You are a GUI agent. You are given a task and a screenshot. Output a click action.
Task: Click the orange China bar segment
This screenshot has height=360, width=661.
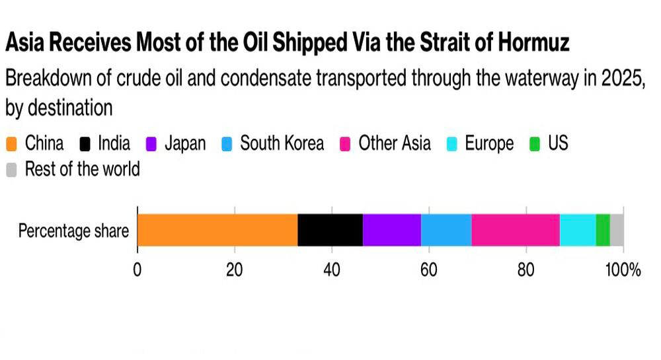217,230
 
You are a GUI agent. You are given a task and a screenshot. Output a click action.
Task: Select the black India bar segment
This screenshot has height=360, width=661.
330,230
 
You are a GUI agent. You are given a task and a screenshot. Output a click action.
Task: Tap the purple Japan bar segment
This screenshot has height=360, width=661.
391,230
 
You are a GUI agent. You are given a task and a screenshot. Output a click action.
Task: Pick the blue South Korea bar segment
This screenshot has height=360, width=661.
446,230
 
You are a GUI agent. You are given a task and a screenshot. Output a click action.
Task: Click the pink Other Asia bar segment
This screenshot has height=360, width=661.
516,230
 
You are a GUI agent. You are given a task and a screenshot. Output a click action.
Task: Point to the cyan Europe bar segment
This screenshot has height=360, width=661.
578,230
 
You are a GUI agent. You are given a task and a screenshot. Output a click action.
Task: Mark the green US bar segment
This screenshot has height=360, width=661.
603,230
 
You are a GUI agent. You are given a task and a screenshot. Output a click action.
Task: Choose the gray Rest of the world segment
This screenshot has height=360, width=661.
617,230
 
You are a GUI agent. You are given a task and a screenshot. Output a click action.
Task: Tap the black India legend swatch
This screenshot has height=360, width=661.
85,144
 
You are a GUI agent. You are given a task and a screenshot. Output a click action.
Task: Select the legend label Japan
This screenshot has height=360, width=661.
185,143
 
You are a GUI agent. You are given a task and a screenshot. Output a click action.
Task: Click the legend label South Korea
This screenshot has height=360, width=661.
282,143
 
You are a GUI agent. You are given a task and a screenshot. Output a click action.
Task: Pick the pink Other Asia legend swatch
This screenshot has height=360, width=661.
346,144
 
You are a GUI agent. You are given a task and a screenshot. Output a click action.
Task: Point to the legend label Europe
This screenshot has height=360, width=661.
488,143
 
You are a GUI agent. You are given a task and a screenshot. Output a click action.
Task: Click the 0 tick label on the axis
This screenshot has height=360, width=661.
137,270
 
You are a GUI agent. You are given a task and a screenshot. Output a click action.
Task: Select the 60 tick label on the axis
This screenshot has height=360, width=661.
428,270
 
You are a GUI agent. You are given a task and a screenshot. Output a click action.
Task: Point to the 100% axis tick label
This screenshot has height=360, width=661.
624,270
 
